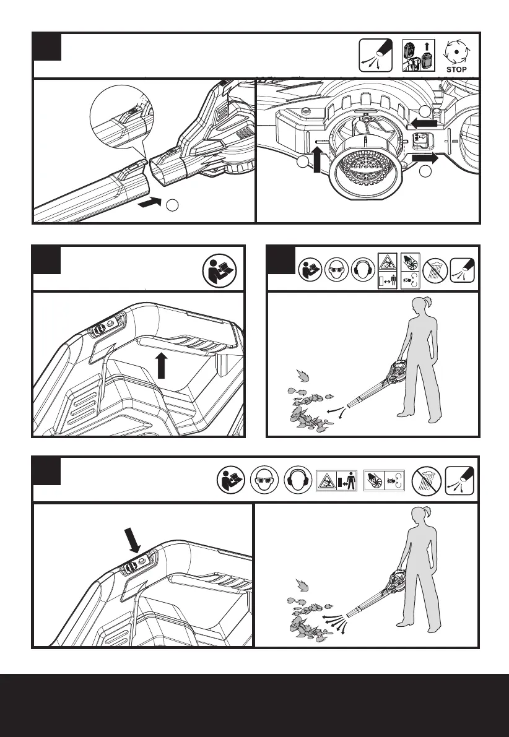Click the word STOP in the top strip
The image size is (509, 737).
(456, 69)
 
